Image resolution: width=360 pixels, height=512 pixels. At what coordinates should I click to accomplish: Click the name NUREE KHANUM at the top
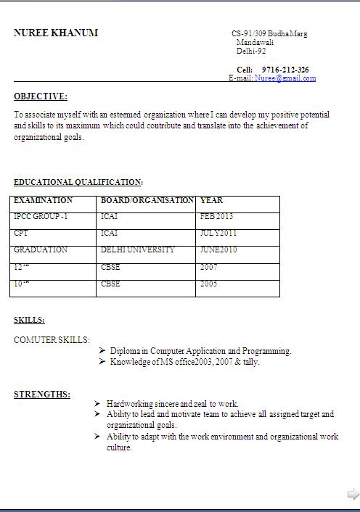click(x=56, y=33)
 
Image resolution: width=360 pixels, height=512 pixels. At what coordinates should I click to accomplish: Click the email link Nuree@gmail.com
click(x=285, y=78)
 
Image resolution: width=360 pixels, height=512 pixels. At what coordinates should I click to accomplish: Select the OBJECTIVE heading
click(x=41, y=96)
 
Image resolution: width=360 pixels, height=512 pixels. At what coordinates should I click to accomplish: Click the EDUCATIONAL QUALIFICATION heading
click(x=78, y=183)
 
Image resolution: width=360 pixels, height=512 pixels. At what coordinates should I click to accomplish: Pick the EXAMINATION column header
click(x=44, y=200)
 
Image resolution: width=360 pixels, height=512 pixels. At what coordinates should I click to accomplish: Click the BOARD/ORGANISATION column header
click(x=147, y=200)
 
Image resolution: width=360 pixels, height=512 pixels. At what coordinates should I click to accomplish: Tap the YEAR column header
click(x=211, y=200)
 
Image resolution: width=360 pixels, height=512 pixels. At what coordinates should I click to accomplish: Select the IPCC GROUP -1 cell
click(x=41, y=217)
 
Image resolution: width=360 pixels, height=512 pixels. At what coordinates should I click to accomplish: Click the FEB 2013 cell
click(x=216, y=217)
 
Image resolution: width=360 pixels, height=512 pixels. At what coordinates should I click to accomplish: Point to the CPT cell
click(x=21, y=234)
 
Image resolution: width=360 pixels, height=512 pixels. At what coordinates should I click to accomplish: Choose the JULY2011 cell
click(x=218, y=234)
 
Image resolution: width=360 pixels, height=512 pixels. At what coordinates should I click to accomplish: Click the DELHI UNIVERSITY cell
click(x=138, y=250)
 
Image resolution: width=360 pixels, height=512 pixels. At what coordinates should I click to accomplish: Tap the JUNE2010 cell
click(x=219, y=250)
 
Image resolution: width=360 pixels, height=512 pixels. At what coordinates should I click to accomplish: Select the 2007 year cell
click(x=209, y=267)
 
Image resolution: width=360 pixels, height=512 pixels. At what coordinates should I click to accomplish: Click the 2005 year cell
click(x=209, y=284)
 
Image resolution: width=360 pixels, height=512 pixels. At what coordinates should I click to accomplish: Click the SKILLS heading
click(x=29, y=320)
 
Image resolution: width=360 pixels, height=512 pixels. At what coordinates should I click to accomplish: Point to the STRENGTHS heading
click(x=42, y=395)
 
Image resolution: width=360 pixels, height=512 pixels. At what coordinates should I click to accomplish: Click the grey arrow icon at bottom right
click(x=353, y=495)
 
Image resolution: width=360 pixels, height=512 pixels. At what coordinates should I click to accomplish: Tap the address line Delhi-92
click(x=251, y=51)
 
